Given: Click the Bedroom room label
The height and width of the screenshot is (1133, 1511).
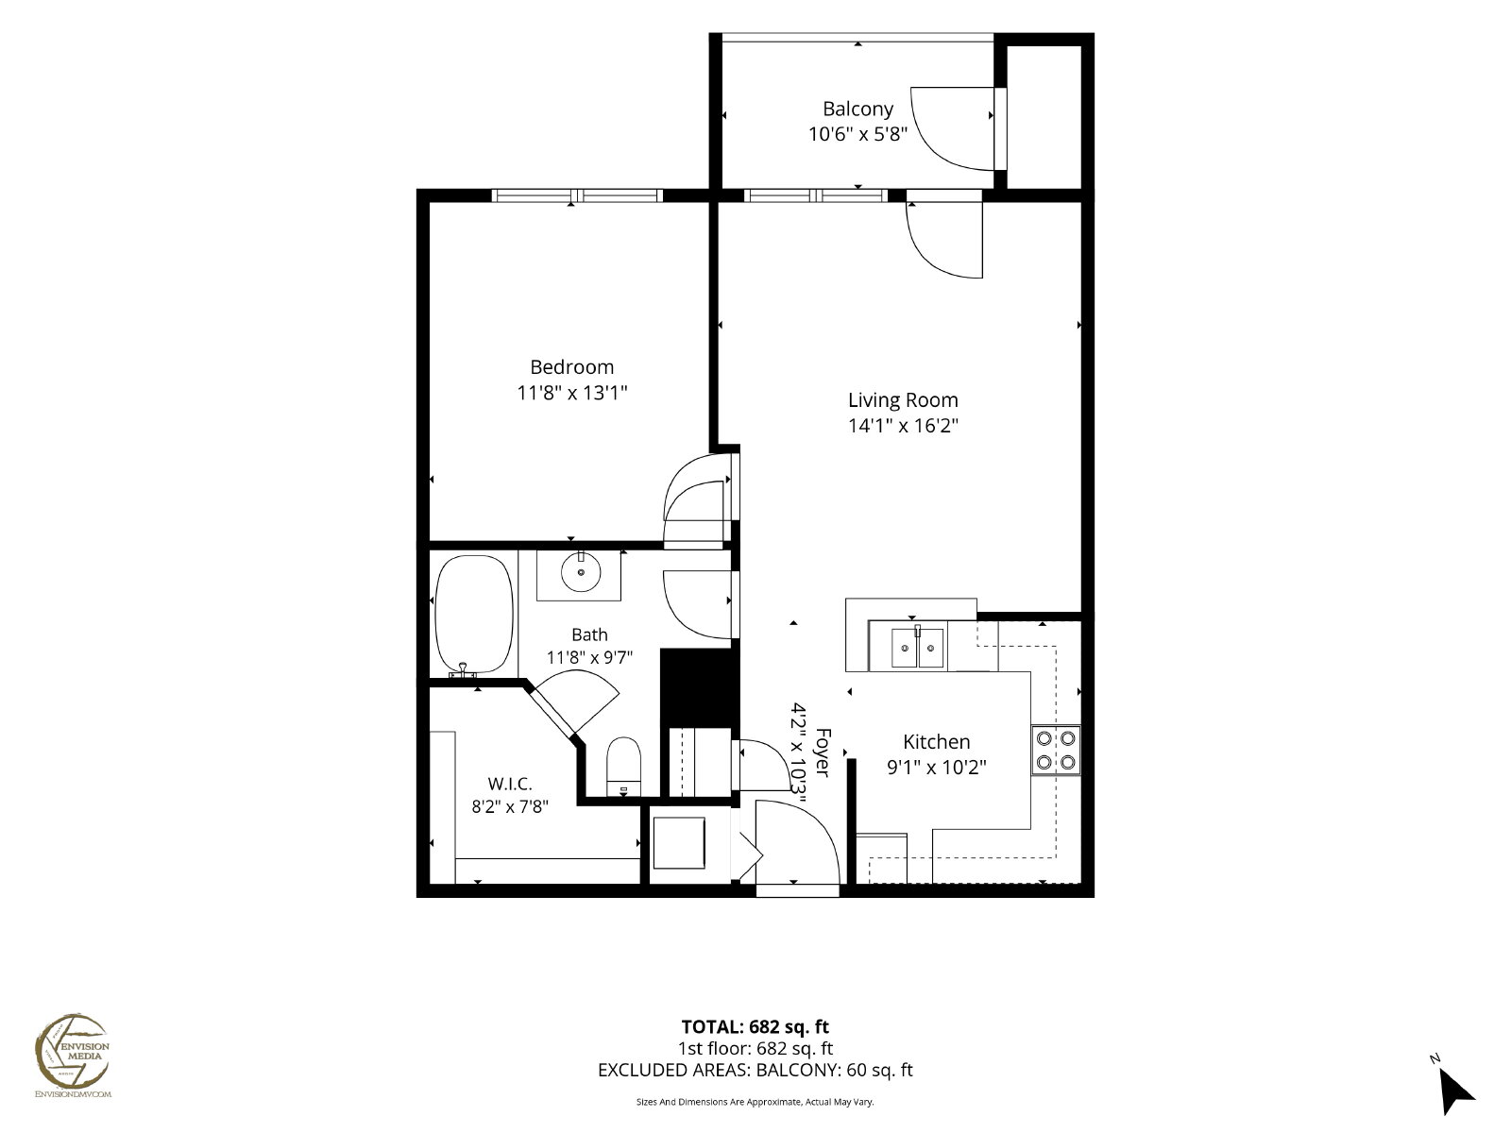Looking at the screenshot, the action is coord(571,366).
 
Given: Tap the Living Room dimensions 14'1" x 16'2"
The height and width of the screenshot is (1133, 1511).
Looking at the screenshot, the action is coord(903,425).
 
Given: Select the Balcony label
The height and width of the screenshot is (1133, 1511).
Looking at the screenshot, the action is coord(857,109).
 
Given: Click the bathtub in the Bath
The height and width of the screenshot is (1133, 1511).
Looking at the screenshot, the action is coord(474,614).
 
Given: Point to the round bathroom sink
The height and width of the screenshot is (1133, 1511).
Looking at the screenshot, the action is coord(580,571).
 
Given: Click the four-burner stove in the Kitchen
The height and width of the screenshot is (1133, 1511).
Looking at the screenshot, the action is coord(1055,751).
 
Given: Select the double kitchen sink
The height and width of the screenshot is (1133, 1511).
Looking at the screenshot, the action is coord(917,648).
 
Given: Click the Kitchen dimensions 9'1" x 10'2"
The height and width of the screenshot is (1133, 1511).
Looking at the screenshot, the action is coord(936,767).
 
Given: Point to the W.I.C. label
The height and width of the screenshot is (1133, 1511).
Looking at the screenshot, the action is coord(510,784).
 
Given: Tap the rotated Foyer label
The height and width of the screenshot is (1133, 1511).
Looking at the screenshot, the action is coord(823,753).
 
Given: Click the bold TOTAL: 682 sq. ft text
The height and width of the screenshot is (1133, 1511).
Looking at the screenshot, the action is coord(755,1027).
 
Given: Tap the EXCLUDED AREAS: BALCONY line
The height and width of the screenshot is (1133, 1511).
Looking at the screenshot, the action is coord(755,1070).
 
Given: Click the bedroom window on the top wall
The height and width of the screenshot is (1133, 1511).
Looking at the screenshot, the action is coord(577,195).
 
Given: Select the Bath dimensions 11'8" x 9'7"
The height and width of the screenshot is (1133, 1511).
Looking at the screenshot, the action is coord(589,658).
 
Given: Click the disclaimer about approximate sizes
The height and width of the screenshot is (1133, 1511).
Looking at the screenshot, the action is coord(755,1102).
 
